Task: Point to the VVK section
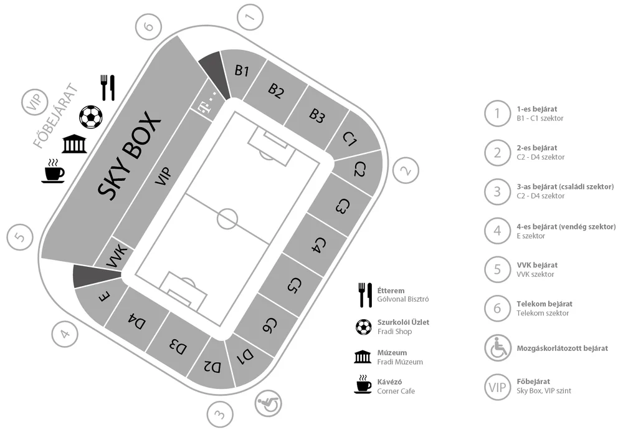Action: tap(115, 256)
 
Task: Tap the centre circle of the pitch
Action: tap(227, 219)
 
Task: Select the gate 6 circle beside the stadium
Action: tap(148, 27)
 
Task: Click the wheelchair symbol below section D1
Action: tap(266, 404)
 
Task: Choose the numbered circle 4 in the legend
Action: tap(497, 231)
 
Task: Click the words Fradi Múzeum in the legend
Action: tap(400, 362)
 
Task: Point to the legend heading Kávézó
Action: tap(390, 382)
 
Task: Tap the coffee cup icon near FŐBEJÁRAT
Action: tap(53, 171)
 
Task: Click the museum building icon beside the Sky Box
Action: tap(75, 144)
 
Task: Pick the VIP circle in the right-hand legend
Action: tap(497, 386)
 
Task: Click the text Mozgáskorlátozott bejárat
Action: tap(562, 348)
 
